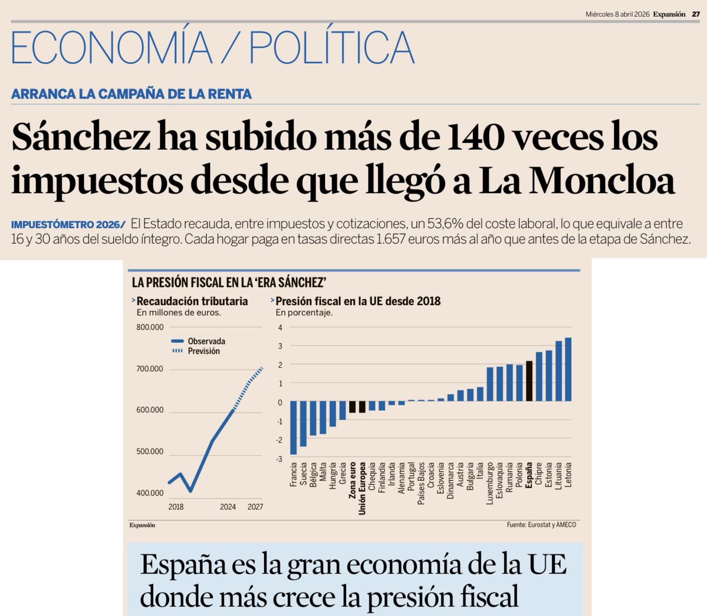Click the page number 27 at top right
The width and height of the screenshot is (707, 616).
[695, 15]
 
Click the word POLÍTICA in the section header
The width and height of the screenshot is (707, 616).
[332, 47]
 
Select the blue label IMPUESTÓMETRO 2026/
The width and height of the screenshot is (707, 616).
[68, 225]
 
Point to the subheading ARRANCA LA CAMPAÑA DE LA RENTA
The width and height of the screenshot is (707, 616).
[131, 94]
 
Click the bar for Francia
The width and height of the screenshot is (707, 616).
[293, 427]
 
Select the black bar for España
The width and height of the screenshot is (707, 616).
[529, 381]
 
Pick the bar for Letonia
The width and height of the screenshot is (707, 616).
[568, 369]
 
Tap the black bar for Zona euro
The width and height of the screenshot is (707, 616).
[352, 407]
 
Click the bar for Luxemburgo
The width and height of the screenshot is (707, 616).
[490, 384]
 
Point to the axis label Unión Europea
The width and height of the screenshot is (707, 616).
[362, 488]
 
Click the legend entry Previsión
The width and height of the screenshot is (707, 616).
[203, 351]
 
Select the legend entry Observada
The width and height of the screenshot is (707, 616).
[206, 341]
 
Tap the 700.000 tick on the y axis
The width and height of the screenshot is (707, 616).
[150, 369]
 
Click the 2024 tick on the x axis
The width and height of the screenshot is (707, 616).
[228, 507]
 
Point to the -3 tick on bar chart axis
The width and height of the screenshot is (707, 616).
[279, 459]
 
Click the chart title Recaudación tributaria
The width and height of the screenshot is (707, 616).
[192, 301]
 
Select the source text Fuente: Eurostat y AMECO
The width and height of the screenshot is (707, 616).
[541, 525]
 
